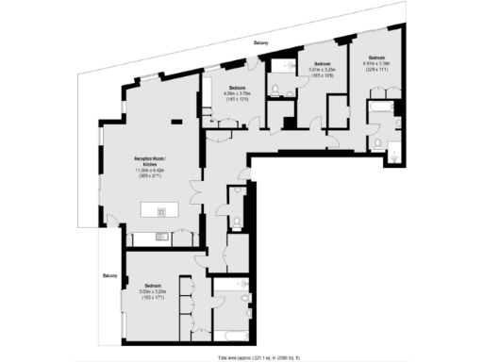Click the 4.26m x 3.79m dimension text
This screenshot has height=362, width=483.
[238, 93]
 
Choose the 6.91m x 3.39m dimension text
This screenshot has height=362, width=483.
[375, 64]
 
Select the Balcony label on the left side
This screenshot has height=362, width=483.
[110, 275]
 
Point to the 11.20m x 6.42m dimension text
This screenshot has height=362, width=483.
[151, 171]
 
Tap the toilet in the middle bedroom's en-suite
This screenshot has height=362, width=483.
[274, 89]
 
